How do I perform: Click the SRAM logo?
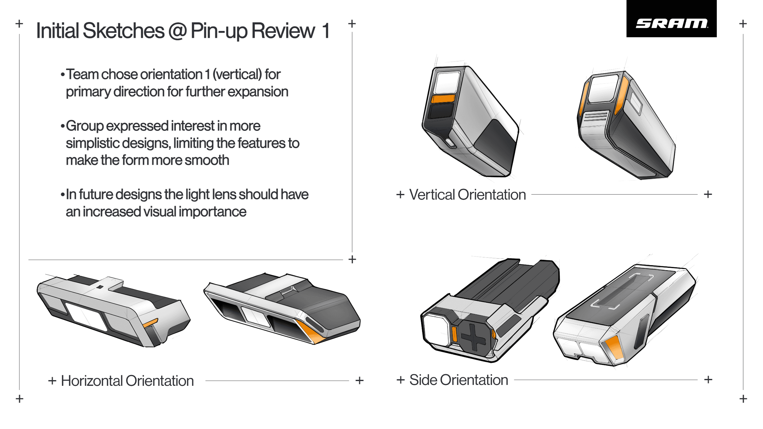click(x=671, y=23)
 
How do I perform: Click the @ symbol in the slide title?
click(x=177, y=31)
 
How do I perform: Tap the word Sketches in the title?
click(x=123, y=31)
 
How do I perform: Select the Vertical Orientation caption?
click(x=467, y=195)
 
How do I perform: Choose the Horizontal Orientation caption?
click(x=127, y=381)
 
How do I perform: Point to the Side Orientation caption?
click(x=458, y=380)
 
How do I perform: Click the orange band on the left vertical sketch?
click(x=443, y=99)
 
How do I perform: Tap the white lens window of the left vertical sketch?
click(x=447, y=83)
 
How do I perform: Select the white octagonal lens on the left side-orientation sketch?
click(x=436, y=330)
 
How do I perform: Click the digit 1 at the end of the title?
click(x=326, y=31)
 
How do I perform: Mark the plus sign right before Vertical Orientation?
click(x=400, y=195)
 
